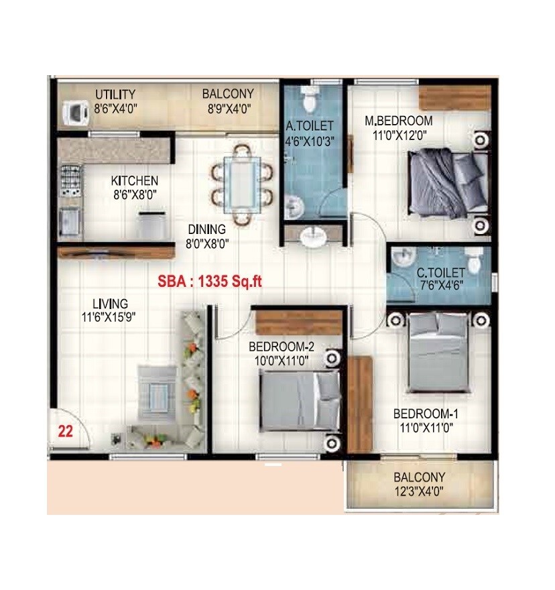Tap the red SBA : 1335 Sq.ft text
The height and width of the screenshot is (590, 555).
tap(209, 282)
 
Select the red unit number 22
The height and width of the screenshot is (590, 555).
tap(65, 432)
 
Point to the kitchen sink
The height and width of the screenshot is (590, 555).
tap(69, 219)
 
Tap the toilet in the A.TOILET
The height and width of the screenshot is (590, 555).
tap(309, 101)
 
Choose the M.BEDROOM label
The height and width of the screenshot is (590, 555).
tap(398, 121)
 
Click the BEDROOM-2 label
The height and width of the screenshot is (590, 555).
tap(282, 347)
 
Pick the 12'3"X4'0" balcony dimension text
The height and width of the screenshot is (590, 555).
tap(419, 491)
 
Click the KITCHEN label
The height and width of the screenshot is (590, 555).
tap(135, 181)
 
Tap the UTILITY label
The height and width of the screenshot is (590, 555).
tap(115, 94)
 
